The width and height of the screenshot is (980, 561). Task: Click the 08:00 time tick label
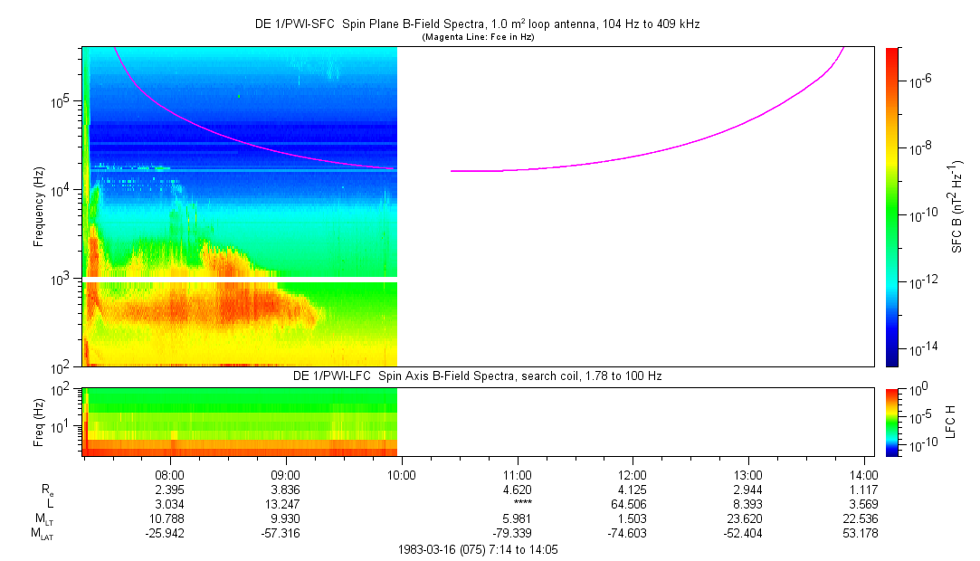point(170,474)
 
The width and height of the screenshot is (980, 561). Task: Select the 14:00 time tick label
point(864,474)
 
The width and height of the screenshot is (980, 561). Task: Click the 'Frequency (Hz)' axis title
point(39,206)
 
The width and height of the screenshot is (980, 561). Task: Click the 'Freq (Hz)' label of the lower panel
point(39,423)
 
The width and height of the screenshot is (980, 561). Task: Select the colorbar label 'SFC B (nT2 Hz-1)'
point(956,206)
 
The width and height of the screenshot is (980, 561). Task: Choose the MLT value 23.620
point(748,518)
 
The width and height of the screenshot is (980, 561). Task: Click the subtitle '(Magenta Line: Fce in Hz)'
point(477,36)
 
